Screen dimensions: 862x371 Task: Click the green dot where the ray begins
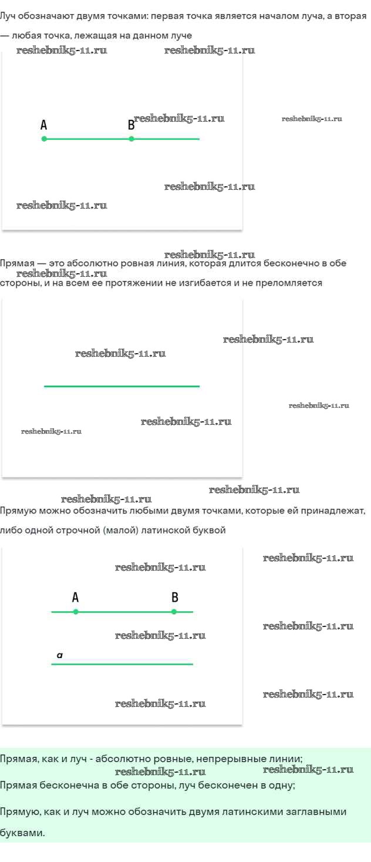[x=44, y=139]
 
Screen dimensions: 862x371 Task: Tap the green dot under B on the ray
[x=131, y=139]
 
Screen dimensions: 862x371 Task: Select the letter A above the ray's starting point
[x=44, y=125]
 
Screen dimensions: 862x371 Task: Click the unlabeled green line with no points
[x=122, y=386]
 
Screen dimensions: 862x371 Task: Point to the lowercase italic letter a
[x=60, y=655]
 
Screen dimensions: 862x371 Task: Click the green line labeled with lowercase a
[x=122, y=664]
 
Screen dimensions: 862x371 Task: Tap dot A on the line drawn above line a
[x=76, y=612]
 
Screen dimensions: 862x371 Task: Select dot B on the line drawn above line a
[x=174, y=612]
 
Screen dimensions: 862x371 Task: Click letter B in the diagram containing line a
[x=175, y=598]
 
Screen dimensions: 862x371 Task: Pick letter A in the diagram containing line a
[x=75, y=598]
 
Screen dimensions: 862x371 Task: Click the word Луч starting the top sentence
[x=8, y=16]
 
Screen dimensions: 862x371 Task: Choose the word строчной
[x=72, y=530]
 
